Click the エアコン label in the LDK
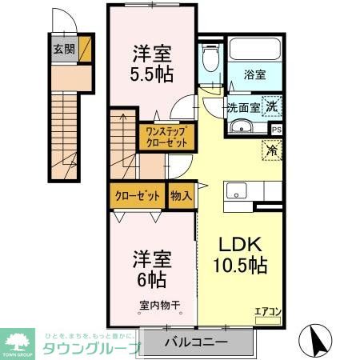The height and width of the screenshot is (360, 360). pyautogui.click(x=266, y=313)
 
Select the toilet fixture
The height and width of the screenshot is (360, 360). pyautogui.click(x=210, y=58)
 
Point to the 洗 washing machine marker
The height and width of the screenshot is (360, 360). pyautogui.click(x=273, y=107)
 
